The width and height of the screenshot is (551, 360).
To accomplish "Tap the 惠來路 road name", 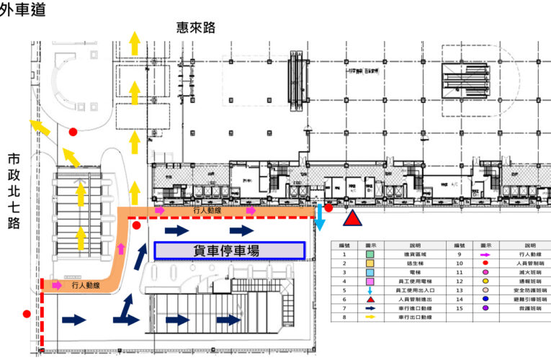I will [x=195, y=28].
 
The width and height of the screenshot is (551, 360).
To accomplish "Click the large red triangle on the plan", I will [x=351, y=219].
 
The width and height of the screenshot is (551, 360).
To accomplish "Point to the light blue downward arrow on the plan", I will [x=319, y=217].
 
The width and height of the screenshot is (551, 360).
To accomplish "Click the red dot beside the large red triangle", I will [x=328, y=208].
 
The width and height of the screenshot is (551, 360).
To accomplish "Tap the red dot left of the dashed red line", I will [x=27, y=314].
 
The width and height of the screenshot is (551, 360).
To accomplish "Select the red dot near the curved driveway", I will [x=73, y=132].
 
